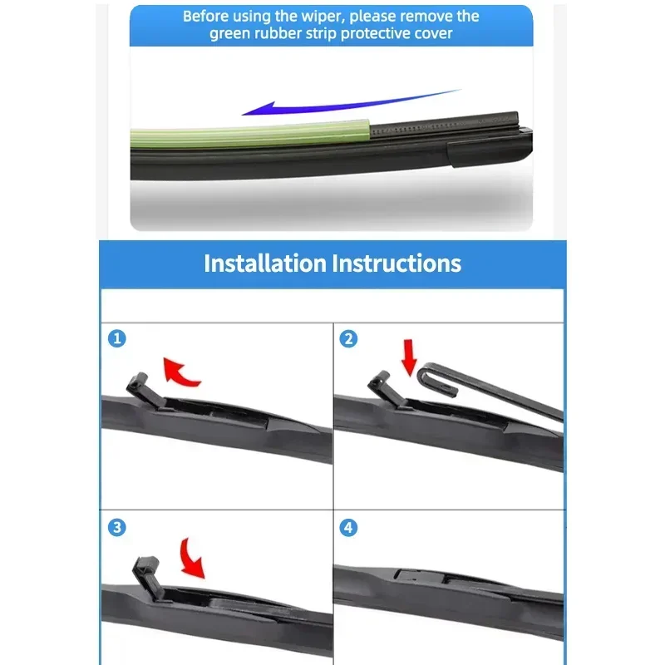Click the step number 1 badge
[118, 338]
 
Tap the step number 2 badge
[349, 338]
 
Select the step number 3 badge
[118, 526]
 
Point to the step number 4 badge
[349, 526]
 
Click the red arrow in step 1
[182, 372]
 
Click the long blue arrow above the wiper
[349, 103]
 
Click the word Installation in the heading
[264, 264]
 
